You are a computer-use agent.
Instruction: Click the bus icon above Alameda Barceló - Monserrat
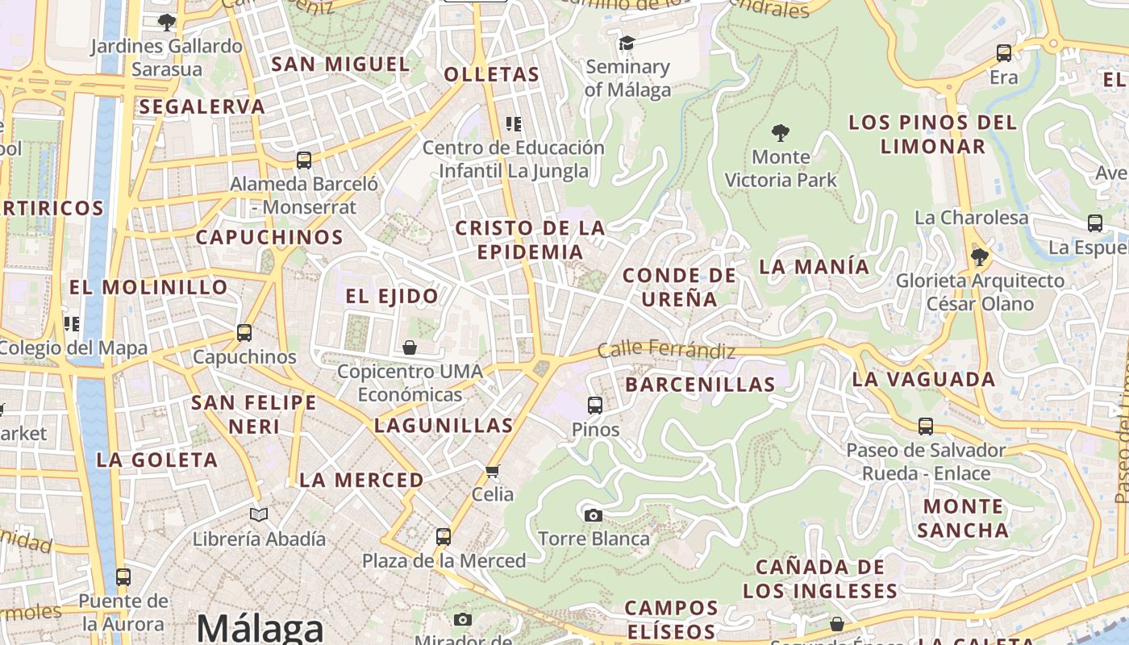304,160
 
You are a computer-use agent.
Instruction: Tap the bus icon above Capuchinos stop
244,332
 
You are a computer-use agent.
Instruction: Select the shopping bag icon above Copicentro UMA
410,347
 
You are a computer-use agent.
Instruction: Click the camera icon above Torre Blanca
594,515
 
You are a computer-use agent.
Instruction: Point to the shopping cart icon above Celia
493,470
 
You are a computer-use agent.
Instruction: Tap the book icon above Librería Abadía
259,514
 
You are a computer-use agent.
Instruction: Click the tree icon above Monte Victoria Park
780,132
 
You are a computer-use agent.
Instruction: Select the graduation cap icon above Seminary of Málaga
627,43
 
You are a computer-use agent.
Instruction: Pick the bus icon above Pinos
595,405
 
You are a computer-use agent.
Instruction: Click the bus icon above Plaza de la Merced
443,536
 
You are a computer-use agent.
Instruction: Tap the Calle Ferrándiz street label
666,351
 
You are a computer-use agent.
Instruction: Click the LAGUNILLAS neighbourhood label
444,426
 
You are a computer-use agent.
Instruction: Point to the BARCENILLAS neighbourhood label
700,385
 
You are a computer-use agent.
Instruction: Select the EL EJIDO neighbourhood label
392,296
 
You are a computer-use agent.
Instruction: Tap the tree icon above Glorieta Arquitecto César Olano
980,257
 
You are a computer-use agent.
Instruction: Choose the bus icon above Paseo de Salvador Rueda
926,426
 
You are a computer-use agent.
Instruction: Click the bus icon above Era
1004,53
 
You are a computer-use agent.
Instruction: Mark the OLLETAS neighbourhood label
491,75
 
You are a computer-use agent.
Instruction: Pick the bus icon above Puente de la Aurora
123,576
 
